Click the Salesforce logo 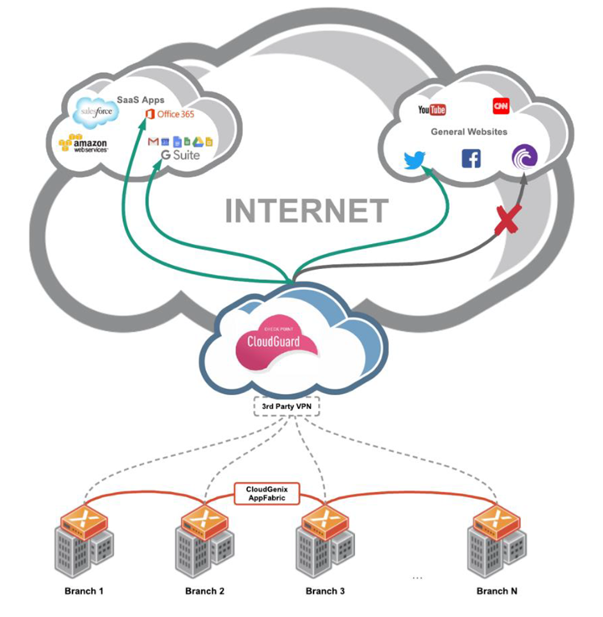[x=93, y=110]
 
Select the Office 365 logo [x=169, y=114]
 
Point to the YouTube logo [x=432, y=110]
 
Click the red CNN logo [x=501, y=106]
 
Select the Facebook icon [x=471, y=158]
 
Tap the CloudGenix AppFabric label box [x=265, y=493]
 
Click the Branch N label [x=497, y=592]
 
